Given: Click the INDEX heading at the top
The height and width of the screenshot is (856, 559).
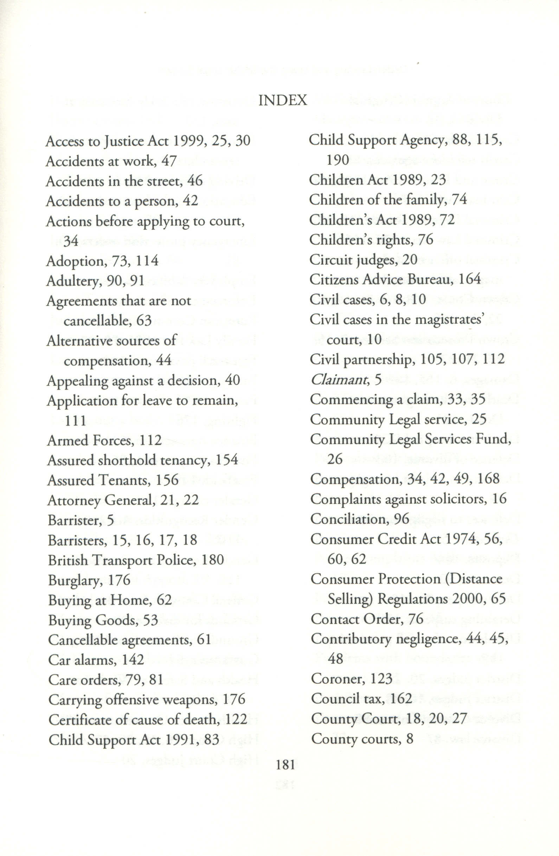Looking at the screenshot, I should (x=283, y=100).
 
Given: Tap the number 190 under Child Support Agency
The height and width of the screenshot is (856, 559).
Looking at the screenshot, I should (x=338, y=160).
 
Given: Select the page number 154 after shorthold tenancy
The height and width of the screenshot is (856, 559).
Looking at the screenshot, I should (x=227, y=460).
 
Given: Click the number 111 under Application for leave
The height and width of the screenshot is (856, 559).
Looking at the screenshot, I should (x=76, y=420).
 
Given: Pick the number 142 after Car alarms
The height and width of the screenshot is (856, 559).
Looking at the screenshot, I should (x=133, y=659).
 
